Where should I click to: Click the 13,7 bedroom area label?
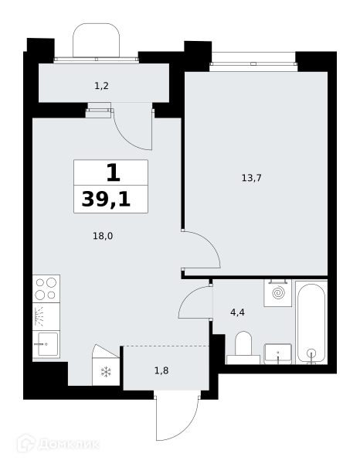252,178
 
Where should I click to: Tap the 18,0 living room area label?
103,236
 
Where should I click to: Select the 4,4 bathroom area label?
237,312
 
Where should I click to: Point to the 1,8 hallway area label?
161,370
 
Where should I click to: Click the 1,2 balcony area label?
101,86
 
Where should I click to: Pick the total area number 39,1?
106,199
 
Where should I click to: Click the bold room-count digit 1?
114,173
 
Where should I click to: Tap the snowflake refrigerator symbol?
106,372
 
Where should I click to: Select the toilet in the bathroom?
243,348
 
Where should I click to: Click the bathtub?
311,322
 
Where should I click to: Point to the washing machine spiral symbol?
278,292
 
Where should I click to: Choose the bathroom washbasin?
278,353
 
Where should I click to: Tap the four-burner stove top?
46,288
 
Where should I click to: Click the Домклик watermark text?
68,444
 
